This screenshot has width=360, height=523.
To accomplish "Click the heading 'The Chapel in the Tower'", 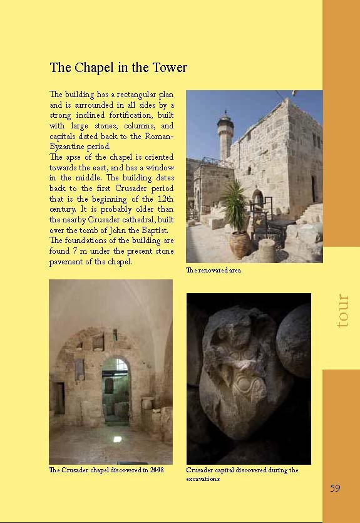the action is click(118, 68).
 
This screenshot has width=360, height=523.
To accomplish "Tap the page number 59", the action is click(335, 488).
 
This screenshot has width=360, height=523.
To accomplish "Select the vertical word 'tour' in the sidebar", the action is click(342, 311).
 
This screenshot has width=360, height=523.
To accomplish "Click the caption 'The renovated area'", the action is click(213, 271).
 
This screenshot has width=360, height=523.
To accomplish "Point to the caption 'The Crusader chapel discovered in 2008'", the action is click(106, 470).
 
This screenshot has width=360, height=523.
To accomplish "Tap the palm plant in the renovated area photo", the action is click(237, 207).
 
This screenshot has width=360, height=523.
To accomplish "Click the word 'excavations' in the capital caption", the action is click(203, 479).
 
